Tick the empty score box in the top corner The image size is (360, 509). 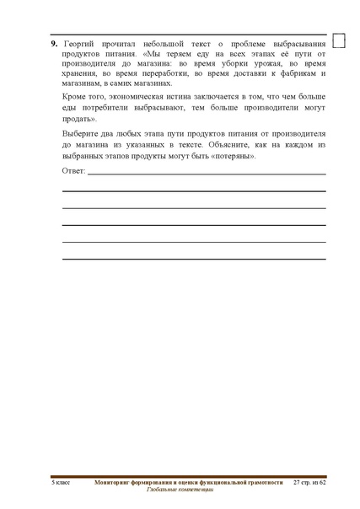(x=341, y=40)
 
